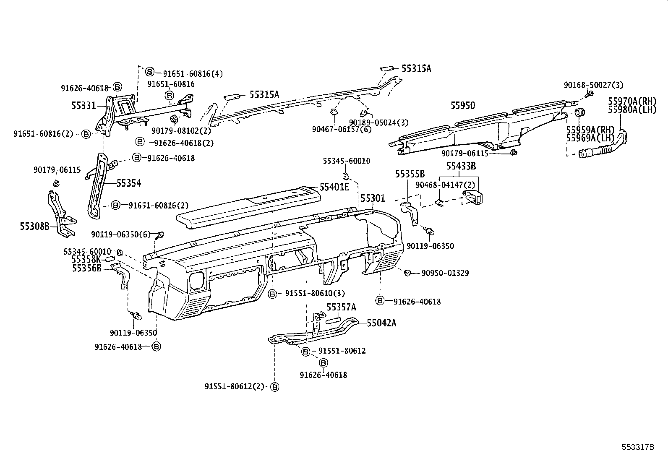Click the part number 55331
pos(83,106)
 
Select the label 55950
pos(462,106)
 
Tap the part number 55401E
pos(334,187)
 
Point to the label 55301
pos(373,198)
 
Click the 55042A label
pos(381,323)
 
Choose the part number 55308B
pos(34,227)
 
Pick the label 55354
pos(128,183)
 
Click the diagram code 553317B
pos(638,447)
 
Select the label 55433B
pos(461,166)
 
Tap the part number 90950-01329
pos(445,273)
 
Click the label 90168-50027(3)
pos(593,85)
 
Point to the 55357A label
pos(341,307)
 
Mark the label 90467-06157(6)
pos(342,130)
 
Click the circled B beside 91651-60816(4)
pos(150,72)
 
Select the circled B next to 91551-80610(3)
pos(272,294)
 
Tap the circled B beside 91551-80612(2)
pos(275,387)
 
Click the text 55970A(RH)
pos(632,101)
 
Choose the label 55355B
pos(410,174)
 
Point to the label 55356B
pos(87,268)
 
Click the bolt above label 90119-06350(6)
pos(161,234)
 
